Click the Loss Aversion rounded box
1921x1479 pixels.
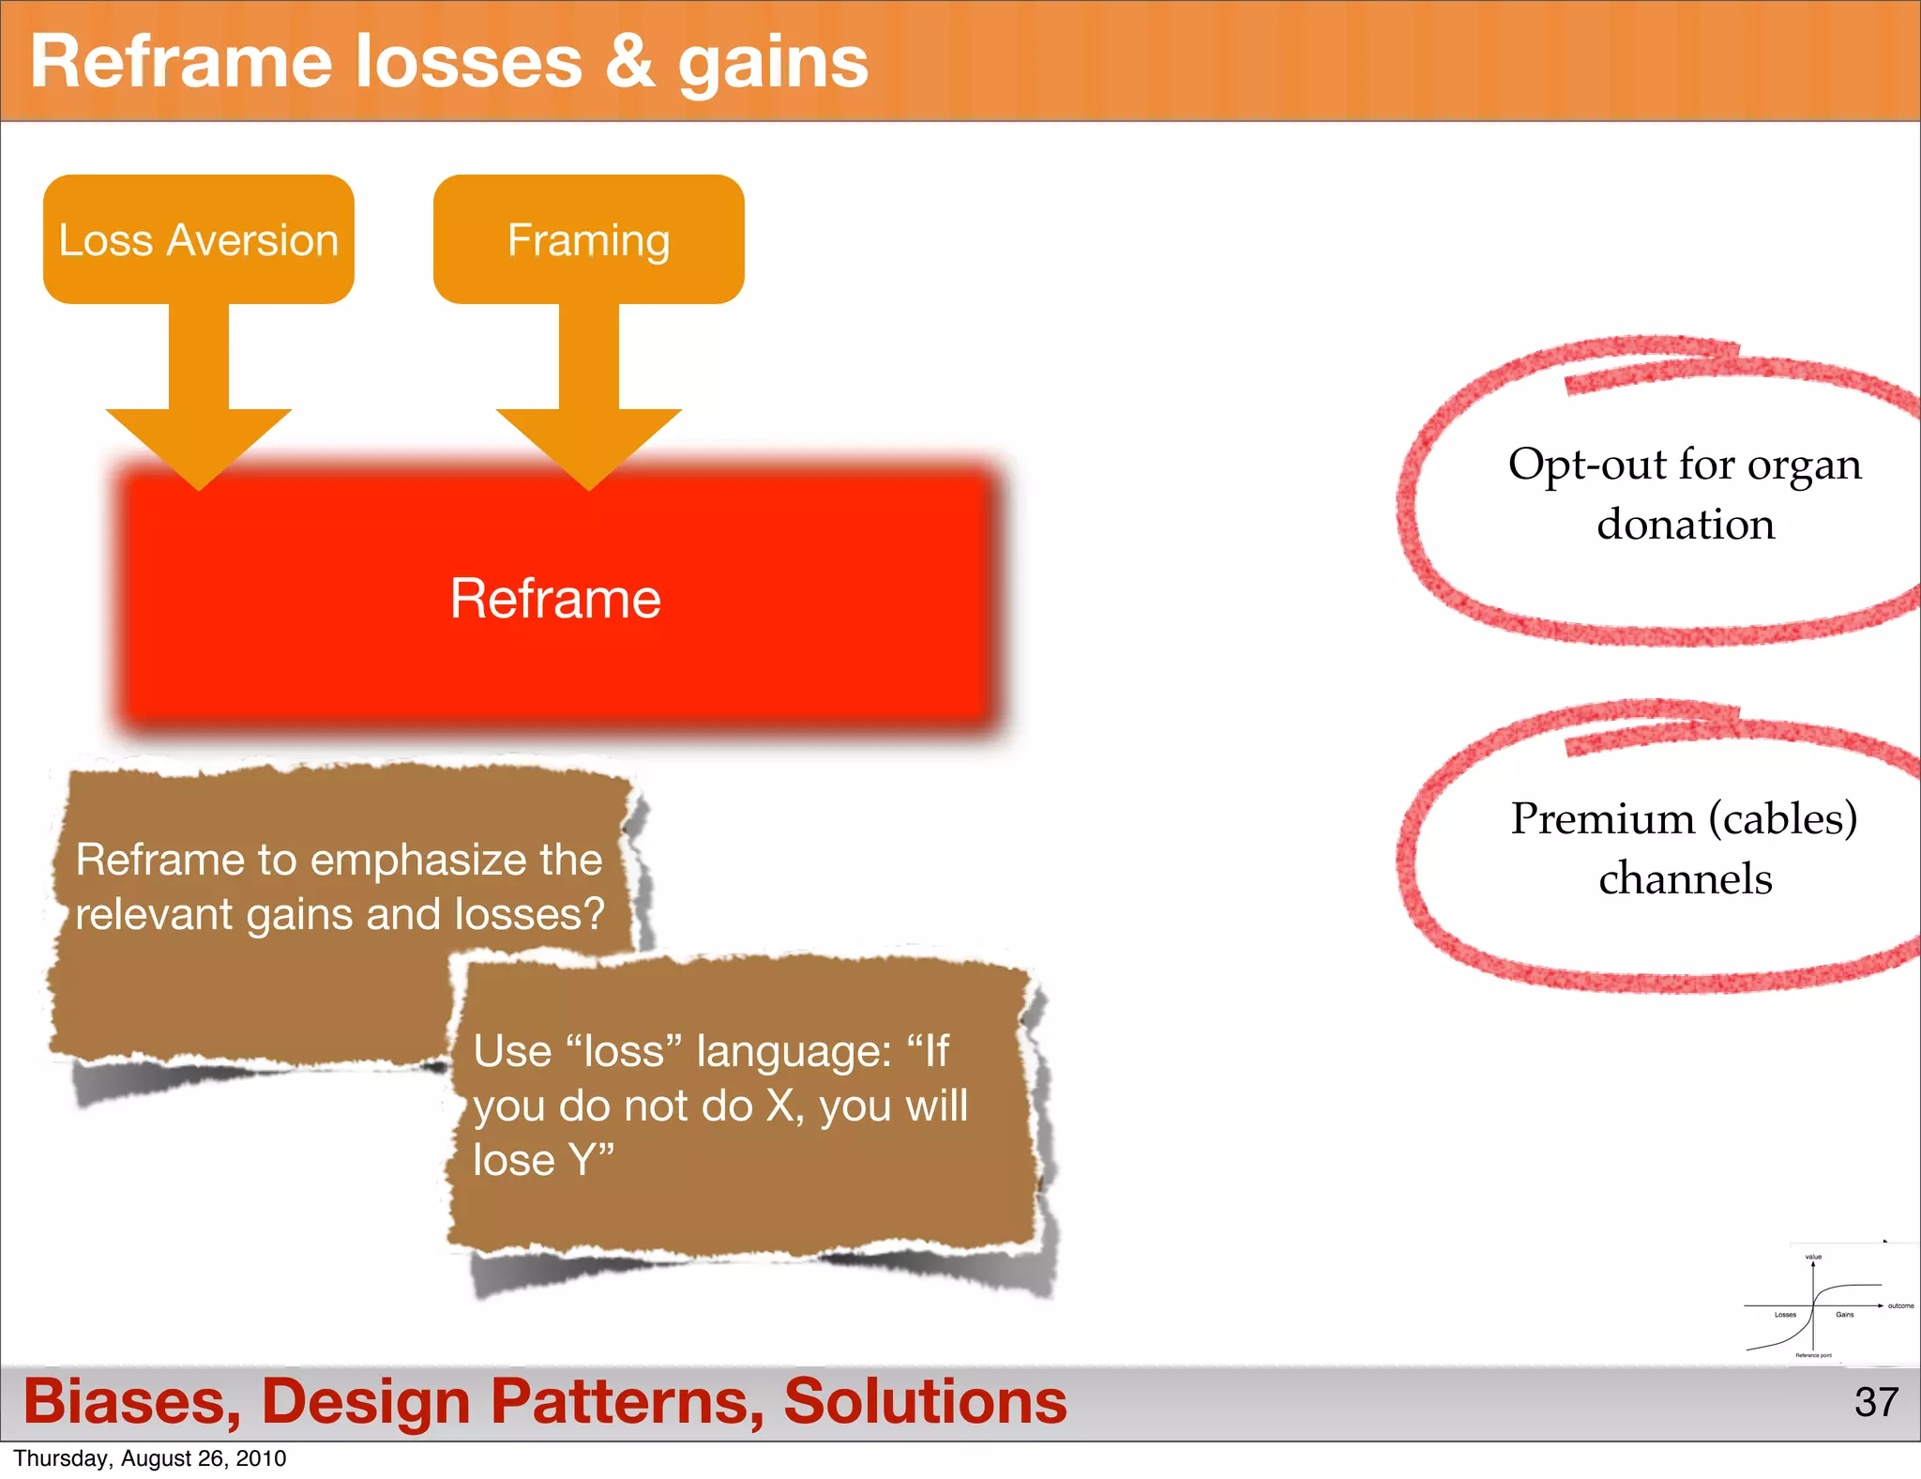pos(198,239)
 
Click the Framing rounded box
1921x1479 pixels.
pos(588,239)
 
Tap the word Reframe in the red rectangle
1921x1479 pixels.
pos(555,599)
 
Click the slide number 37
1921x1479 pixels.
pos(1876,1402)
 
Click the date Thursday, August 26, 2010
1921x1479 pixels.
pos(150,1458)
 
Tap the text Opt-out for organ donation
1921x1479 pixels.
pos(1685,494)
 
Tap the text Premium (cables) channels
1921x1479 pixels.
pos(1685,848)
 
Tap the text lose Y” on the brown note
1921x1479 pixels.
pos(543,1160)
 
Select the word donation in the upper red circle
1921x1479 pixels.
pos(1686,524)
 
